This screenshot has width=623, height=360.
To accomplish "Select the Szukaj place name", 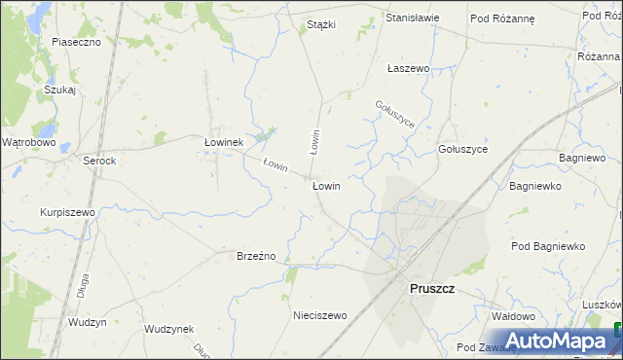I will (59, 90).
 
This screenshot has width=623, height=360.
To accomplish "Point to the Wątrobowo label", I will (28, 142).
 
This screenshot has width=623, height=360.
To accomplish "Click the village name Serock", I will (99, 161).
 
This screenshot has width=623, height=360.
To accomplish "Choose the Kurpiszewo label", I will (67, 212).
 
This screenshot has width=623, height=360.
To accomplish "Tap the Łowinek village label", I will (222, 142).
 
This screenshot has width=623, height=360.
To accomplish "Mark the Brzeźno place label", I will (257, 256).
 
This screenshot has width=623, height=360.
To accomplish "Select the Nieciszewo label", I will (320, 315).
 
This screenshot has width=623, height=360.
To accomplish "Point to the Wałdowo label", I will (514, 316).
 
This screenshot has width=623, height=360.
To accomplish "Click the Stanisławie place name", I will (413, 18).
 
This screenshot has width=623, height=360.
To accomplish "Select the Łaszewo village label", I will (409, 69).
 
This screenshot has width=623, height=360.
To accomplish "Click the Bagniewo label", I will (583, 157).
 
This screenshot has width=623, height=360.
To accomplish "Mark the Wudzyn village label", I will (87, 321).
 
